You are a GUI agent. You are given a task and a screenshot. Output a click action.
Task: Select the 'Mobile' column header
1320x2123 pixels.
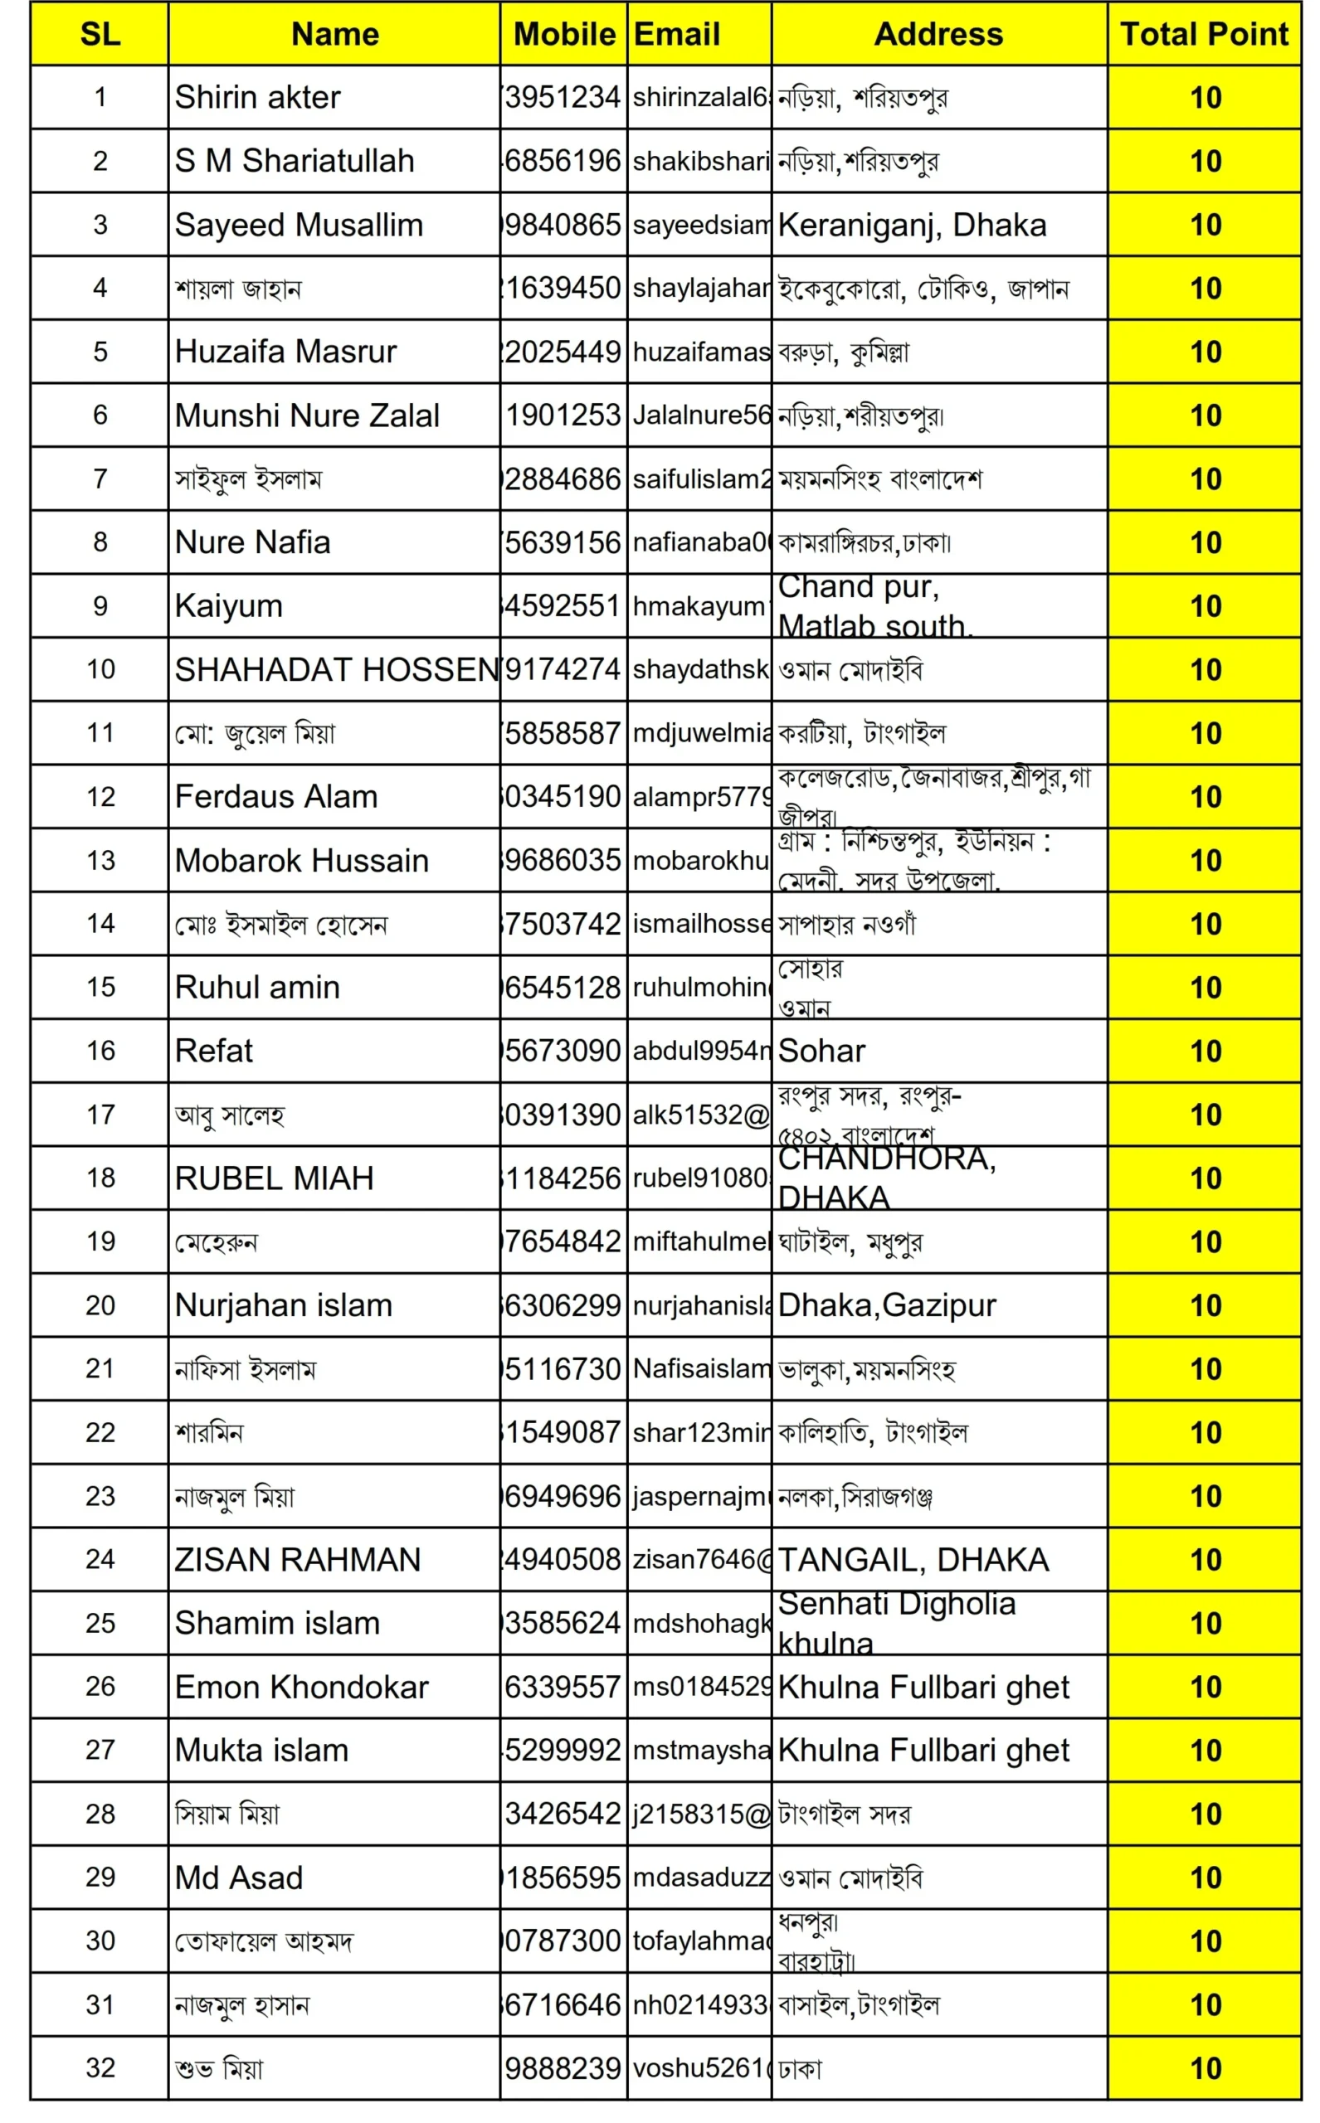pos(563,34)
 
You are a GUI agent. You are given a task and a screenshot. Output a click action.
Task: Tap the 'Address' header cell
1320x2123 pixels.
pos(938,34)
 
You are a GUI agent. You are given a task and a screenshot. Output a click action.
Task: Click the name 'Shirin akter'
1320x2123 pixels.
pos(257,97)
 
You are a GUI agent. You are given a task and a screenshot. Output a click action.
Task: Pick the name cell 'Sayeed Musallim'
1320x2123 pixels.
pos(299,225)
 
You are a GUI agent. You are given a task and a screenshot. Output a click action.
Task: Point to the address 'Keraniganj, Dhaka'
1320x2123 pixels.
pos(912,225)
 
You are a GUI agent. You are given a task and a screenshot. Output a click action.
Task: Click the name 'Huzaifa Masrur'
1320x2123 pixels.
pos(285,352)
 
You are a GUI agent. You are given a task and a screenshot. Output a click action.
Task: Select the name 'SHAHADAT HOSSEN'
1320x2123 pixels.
pos(336,669)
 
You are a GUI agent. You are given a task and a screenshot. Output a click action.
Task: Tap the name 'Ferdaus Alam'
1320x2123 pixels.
pos(276,797)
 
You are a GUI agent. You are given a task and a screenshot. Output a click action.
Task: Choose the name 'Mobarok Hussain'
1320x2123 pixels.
pos(301,860)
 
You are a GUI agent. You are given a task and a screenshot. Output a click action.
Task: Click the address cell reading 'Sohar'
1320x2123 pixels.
pos(821,1051)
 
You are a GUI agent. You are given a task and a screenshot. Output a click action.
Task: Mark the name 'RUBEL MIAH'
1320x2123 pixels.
pos(274,1178)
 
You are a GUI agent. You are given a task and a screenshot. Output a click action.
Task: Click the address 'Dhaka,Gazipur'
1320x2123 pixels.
pos(886,1305)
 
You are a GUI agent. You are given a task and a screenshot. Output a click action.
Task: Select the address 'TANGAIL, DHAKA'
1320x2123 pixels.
pos(913,1559)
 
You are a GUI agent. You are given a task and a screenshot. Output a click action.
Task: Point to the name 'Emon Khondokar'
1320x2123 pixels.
pos(301,1687)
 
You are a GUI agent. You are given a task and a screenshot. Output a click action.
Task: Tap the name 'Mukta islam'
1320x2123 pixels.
pos(261,1751)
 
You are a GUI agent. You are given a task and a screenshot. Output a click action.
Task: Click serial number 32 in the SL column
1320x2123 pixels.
pos(100,2067)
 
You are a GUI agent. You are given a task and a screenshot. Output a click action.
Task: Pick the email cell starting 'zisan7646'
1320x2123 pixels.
pos(700,1559)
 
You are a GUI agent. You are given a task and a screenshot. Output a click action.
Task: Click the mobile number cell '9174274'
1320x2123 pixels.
pos(563,669)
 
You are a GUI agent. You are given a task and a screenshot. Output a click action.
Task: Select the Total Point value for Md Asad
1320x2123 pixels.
pos(1205,1878)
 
